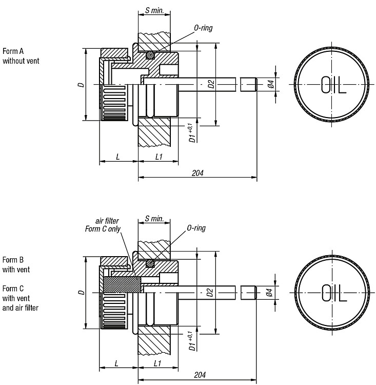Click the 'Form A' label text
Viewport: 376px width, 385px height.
click(13, 51)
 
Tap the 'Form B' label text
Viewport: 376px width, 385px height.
click(13, 260)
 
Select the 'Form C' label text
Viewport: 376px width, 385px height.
click(13, 288)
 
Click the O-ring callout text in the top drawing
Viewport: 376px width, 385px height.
click(203, 28)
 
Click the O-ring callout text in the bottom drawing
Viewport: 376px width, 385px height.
click(196, 228)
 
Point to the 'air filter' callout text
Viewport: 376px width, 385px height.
click(107, 221)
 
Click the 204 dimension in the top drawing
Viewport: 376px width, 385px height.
click(197, 173)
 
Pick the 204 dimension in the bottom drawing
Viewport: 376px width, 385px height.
click(200, 375)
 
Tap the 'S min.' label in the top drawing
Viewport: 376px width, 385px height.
click(154, 10)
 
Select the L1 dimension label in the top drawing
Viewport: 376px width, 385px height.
click(159, 157)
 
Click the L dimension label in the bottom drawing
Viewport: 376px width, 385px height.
click(116, 363)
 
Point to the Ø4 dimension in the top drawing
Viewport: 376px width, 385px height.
click(271, 84)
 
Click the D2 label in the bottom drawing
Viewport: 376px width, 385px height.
click(210, 293)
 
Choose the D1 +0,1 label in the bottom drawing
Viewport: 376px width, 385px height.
click(192, 341)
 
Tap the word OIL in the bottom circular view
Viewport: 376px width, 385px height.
click(334, 293)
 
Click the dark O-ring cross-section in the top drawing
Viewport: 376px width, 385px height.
click(150, 55)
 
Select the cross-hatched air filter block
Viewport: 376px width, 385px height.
click(122, 284)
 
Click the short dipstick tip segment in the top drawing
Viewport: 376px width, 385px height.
click(248, 85)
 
